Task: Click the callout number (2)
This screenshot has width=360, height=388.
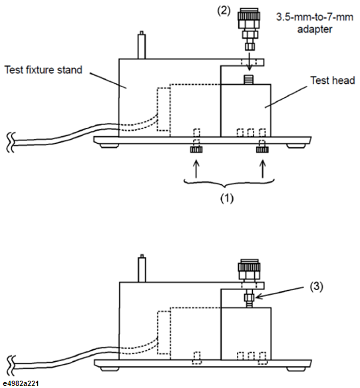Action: pyautogui.click(x=224, y=11)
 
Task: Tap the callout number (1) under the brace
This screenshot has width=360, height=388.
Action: pyautogui.click(x=227, y=198)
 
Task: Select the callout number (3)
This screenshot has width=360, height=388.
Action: pyautogui.click(x=317, y=286)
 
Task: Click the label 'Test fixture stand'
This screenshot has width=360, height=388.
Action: pyautogui.click(x=43, y=70)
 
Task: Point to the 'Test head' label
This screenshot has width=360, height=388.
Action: pyautogui.click(x=333, y=81)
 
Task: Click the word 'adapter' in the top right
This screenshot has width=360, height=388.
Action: pyautogui.click(x=315, y=29)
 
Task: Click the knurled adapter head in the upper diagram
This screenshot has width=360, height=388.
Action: pyautogui.click(x=249, y=17)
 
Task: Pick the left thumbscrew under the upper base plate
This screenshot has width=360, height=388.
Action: pyautogui.click(x=196, y=150)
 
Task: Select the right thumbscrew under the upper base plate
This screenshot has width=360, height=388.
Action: pyautogui.click(x=263, y=150)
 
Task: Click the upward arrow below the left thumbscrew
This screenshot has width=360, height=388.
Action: pyautogui.click(x=196, y=169)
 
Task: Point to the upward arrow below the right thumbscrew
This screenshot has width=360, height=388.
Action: pyautogui.click(x=263, y=169)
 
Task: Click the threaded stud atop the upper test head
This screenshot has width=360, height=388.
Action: pyautogui.click(x=249, y=80)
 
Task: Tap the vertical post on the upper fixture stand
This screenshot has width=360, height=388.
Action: pyautogui.click(x=141, y=45)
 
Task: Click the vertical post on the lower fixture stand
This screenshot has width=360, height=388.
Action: pyautogui.click(x=142, y=268)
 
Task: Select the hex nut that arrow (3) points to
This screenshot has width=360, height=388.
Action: pyautogui.click(x=250, y=297)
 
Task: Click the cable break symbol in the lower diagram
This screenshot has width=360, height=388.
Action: pyautogui.click(x=11, y=365)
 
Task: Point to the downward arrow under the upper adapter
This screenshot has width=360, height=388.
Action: pyautogui.click(x=250, y=61)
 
